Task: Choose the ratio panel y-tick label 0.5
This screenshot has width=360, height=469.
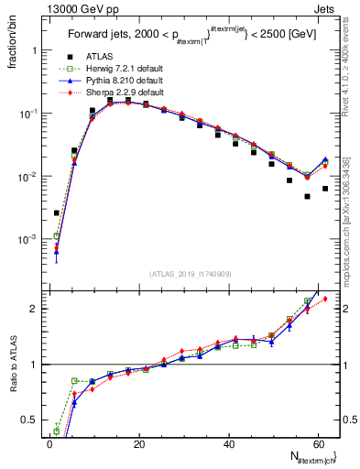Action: (x=31, y=420)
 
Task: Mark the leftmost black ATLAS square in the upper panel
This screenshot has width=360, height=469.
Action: (x=57, y=213)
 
